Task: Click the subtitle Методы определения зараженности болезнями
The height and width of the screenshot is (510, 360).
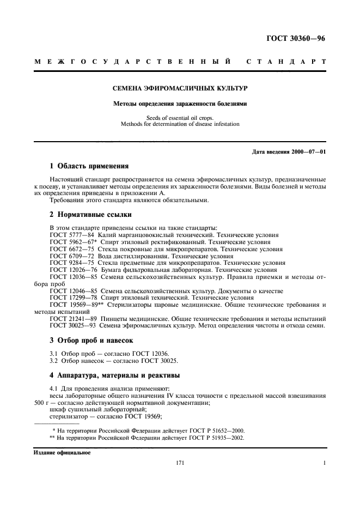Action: [x=180, y=104]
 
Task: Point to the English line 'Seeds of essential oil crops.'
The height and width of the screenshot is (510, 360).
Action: [x=180, y=118]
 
